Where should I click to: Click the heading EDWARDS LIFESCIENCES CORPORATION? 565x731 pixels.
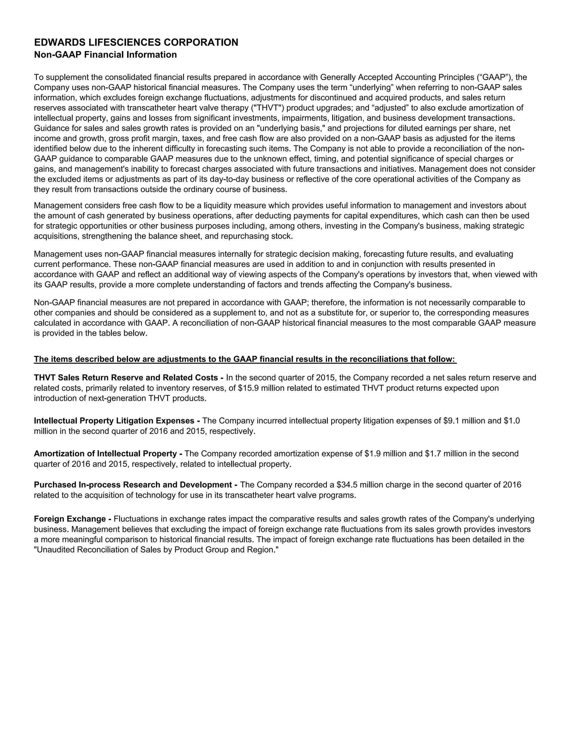(x=136, y=42)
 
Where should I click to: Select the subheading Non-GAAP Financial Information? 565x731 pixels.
(x=105, y=55)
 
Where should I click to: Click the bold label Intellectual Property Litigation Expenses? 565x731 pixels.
(x=114, y=421)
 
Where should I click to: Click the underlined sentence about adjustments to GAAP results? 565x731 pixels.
(x=245, y=359)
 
